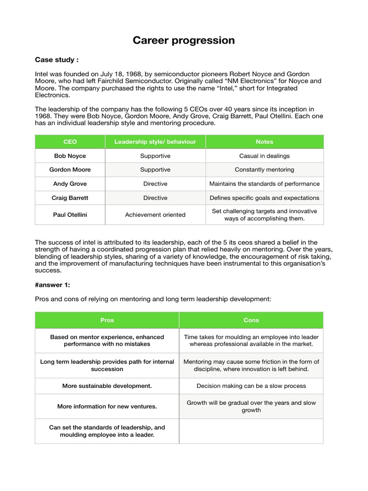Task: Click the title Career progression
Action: tap(184, 40)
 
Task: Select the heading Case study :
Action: tap(57, 60)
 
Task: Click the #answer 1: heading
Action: tap(53, 285)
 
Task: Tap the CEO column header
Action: tap(70, 142)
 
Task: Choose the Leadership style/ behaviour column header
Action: tap(155, 142)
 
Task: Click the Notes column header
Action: tap(264, 142)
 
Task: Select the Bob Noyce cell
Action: tap(70, 156)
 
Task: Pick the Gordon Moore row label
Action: tap(70, 170)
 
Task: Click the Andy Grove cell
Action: tap(70, 184)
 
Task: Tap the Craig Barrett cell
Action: tap(70, 198)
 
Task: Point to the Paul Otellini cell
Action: tap(70, 215)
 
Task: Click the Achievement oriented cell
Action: tap(155, 215)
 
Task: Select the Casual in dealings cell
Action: tap(264, 156)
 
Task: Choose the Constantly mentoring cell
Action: tap(264, 170)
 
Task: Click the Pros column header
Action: tap(107, 320)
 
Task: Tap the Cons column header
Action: tap(251, 320)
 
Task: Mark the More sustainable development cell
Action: tap(107, 386)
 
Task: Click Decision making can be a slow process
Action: tap(251, 386)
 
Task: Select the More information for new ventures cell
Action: tap(107, 407)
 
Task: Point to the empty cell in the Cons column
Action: tap(251, 431)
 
